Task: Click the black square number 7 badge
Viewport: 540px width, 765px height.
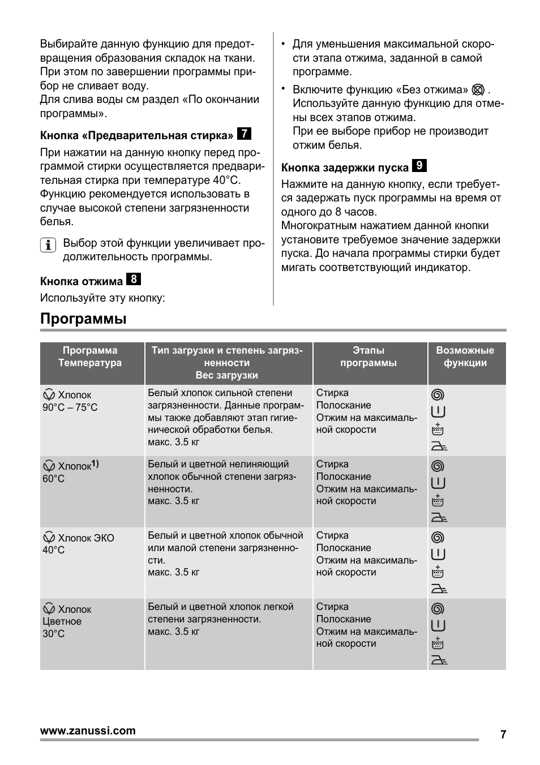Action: [x=244, y=134]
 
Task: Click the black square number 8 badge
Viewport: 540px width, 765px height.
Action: [x=134, y=280]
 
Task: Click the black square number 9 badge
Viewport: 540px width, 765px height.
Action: [x=419, y=166]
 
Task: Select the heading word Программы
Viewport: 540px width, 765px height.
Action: [x=83, y=319]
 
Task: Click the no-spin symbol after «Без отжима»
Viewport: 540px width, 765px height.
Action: [x=478, y=90]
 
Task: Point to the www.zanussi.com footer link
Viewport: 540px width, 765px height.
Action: [x=88, y=730]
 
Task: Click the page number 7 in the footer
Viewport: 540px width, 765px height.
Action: [x=503, y=734]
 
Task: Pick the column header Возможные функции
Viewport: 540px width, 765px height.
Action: [x=465, y=357]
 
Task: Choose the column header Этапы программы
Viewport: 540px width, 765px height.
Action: [x=368, y=357]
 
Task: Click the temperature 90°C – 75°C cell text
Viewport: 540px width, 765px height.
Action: [x=70, y=407]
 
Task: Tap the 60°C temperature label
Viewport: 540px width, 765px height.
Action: [x=53, y=479]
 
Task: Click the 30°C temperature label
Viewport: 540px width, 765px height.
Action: [x=53, y=634]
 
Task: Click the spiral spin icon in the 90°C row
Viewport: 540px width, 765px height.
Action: [x=438, y=395]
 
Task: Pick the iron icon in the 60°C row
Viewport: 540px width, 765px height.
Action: [x=439, y=517]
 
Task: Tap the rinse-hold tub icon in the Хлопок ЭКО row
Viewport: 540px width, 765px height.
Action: [x=438, y=554]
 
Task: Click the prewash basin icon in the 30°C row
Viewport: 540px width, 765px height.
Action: [x=438, y=643]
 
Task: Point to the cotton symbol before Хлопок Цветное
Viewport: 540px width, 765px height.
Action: [x=49, y=609]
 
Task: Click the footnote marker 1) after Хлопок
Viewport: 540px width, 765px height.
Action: [x=95, y=465]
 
